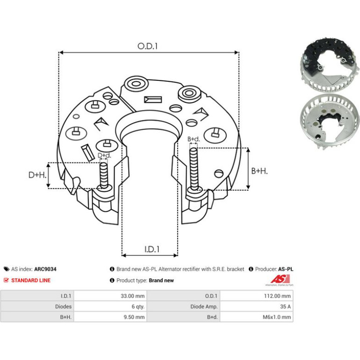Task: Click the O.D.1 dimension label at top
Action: pyautogui.click(x=147, y=46)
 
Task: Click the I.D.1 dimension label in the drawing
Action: pyautogui.click(x=152, y=249)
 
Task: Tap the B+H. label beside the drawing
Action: pyautogui.click(x=259, y=171)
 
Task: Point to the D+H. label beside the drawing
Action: pyautogui.click(x=37, y=175)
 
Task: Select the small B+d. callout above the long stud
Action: pyautogui.click(x=194, y=139)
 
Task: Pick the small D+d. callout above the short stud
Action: pyautogui.click(x=104, y=155)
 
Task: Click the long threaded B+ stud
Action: pyautogui.click(x=194, y=169)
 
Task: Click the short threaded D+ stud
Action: pyautogui.click(x=104, y=175)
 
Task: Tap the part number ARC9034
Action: pyautogui.click(x=45, y=269)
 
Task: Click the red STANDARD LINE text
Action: pyautogui.click(x=31, y=281)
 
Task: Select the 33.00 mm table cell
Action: pyautogui.click(x=110, y=295)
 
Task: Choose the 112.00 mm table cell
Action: pyautogui.click(x=257, y=295)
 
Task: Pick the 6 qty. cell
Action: pyautogui.click(x=110, y=307)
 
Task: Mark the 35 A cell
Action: pyautogui.click(x=257, y=307)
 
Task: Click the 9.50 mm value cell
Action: pyautogui.click(x=110, y=317)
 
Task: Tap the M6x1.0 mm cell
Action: pyautogui.click(x=257, y=317)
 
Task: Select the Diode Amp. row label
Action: pyautogui.click(x=204, y=307)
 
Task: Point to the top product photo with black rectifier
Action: pyautogui.click(x=330, y=65)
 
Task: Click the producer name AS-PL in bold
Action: pyautogui.click(x=286, y=269)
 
